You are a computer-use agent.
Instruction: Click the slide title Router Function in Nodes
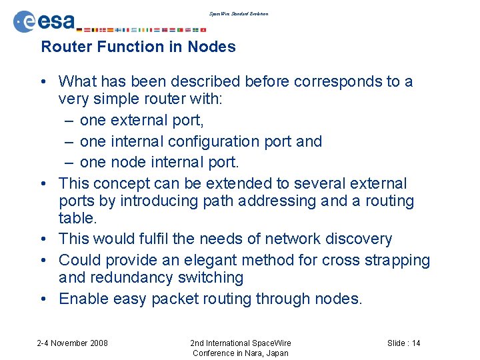(138, 47)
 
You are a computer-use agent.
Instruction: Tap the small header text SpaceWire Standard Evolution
(239, 13)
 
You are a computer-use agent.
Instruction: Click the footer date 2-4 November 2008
(72, 343)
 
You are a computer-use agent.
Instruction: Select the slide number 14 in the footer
(415, 343)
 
